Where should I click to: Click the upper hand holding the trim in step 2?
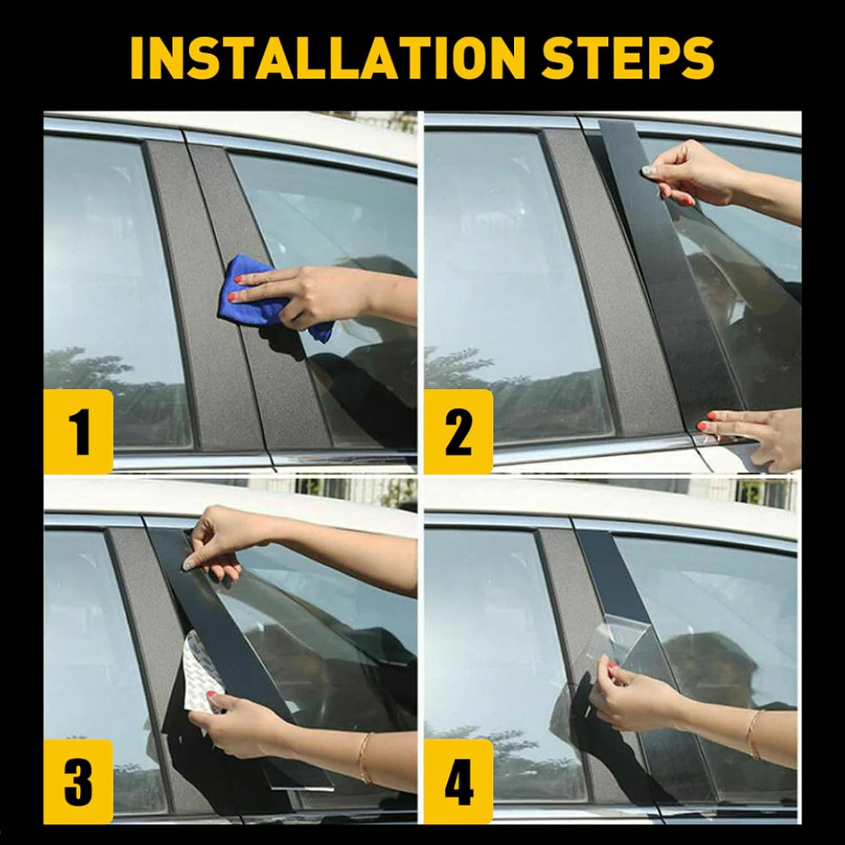[x=693, y=169]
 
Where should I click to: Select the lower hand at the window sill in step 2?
[x=755, y=434]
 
